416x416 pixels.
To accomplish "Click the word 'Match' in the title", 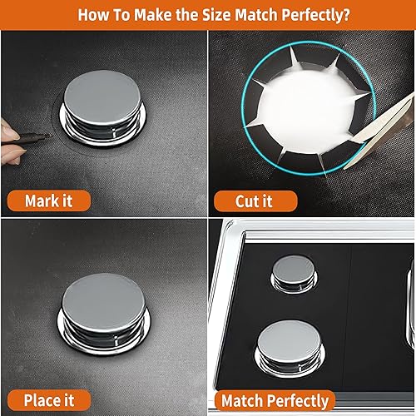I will pos(250,14).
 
